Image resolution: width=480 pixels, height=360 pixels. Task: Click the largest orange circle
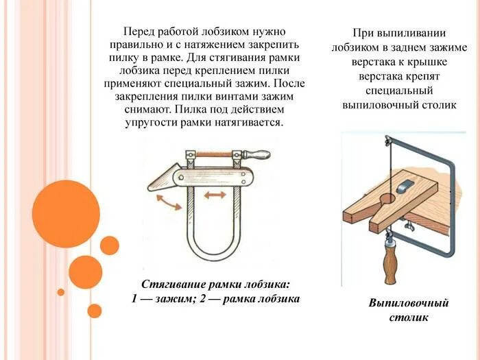(x=66, y=213)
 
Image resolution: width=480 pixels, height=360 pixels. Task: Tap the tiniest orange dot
(x=60, y=292)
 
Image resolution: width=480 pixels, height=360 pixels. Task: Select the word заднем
(x=409, y=47)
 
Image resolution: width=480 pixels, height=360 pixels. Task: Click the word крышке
(x=429, y=62)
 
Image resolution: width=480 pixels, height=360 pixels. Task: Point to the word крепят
(x=429, y=76)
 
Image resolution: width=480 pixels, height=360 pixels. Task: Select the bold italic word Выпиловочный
(x=409, y=303)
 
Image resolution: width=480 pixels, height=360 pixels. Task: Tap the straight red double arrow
(x=214, y=195)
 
